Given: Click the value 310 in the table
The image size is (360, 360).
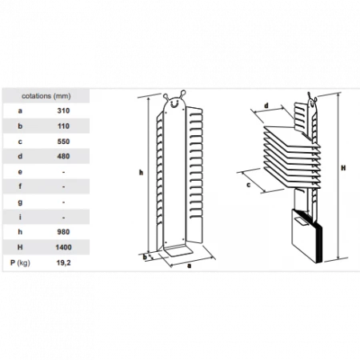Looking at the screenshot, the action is click(x=63, y=110).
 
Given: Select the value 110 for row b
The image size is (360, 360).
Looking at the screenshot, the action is click(x=63, y=126).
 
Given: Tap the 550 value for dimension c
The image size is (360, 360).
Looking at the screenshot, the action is click(x=63, y=142).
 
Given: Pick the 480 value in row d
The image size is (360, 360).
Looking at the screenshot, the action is click(x=63, y=156).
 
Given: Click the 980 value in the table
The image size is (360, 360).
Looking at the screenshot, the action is click(x=63, y=232).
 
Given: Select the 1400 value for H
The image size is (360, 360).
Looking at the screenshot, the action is click(x=63, y=247).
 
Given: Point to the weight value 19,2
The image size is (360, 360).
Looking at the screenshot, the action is click(x=63, y=263).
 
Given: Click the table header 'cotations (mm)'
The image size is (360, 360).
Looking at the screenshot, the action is click(x=46, y=96).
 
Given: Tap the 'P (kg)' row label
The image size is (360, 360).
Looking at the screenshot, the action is click(x=20, y=263).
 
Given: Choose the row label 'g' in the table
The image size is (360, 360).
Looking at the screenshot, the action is click(x=20, y=202).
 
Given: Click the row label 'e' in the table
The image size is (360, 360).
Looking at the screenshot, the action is click(x=20, y=172).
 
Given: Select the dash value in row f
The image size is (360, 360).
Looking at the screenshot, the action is click(x=63, y=187).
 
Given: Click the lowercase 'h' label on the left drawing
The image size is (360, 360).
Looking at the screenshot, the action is click(x=141, y=173).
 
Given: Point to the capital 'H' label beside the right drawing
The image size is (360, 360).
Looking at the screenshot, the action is click(x=343, y=168).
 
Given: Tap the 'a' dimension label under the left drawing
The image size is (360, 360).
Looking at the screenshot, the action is click(x=190, y=266).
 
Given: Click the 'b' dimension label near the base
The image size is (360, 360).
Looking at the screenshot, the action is click(x=145, y=258).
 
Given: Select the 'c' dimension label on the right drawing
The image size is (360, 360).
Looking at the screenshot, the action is click(x=249, y=185).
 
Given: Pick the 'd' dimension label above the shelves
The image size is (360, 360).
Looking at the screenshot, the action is click(x=266, y=106).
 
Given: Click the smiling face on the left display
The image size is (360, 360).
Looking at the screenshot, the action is click(x=174, y=103).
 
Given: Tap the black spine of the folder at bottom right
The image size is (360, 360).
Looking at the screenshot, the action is click(x=319, y=242).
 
